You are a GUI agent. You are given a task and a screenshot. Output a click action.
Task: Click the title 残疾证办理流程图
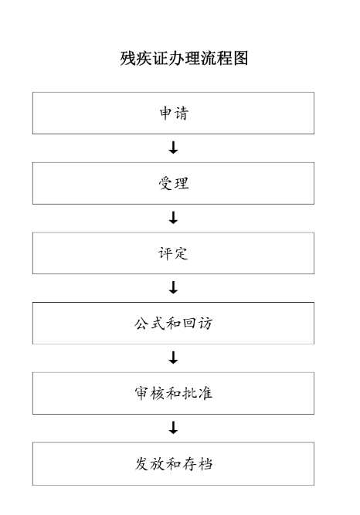pos(184,58)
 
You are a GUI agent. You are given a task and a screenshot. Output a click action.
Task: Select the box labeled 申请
pos(173,113)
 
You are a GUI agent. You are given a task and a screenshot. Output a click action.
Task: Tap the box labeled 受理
pos(173,183)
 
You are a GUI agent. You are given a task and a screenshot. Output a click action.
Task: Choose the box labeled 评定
pos(173,253)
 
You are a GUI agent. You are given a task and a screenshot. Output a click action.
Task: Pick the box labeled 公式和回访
pos(173,324)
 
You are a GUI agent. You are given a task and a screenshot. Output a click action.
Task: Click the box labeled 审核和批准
pos(173,393)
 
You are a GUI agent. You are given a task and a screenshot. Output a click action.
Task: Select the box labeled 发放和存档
pos(173,464)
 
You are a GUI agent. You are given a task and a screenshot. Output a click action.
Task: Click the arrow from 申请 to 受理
pos(173,147)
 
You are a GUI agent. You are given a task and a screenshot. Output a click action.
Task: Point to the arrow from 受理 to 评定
pos(173,218)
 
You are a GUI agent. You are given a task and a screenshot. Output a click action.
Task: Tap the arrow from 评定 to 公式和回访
pos(173,288)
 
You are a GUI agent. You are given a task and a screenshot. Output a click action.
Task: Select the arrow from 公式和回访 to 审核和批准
pos(173,357)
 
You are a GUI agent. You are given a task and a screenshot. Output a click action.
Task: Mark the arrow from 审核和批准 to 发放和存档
pos(173,428)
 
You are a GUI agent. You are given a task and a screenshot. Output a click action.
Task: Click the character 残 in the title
pos(127,58)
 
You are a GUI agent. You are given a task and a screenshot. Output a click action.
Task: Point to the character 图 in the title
pos(240,58)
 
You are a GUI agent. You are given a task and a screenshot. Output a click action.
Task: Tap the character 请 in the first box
pos(182,114)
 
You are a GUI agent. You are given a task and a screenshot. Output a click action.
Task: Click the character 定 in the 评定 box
pos(181,253)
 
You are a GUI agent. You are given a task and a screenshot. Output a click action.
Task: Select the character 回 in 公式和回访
pos(189,324)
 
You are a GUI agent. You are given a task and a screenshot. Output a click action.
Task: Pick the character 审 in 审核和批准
pos(141,393)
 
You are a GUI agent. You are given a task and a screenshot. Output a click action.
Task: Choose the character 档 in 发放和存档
pos(205,464)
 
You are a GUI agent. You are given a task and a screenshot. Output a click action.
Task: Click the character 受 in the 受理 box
pos(165,183)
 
